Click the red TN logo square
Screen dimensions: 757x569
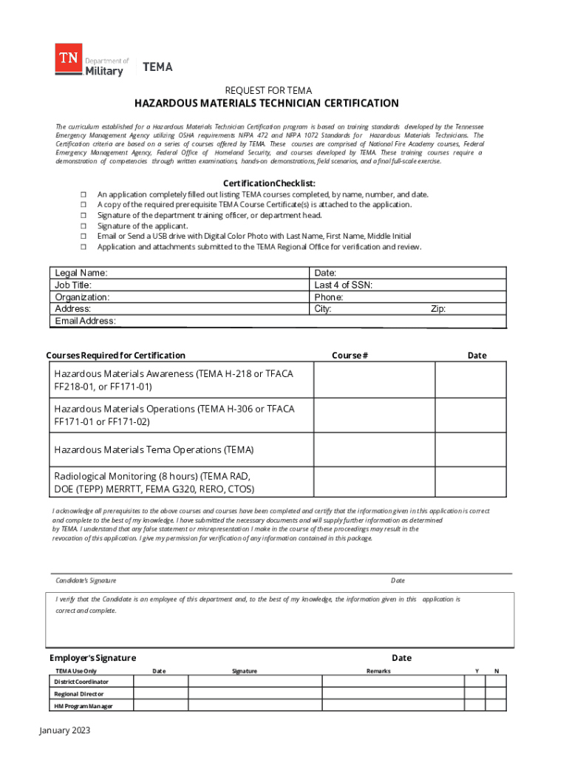coord(69,58)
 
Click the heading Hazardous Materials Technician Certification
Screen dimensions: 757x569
coord(266,103)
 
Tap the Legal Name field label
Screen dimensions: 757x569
coord(81,273)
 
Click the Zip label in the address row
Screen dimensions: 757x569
coord(438,309)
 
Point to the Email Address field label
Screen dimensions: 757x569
coord(85,321)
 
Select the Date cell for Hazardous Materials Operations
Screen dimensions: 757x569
coord(470,415)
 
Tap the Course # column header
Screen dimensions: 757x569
coord(350,356)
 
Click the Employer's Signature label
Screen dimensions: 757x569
coord(92,658)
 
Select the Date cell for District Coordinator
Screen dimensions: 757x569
coord(160,681)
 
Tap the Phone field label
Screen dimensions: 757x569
coord(329,297)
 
